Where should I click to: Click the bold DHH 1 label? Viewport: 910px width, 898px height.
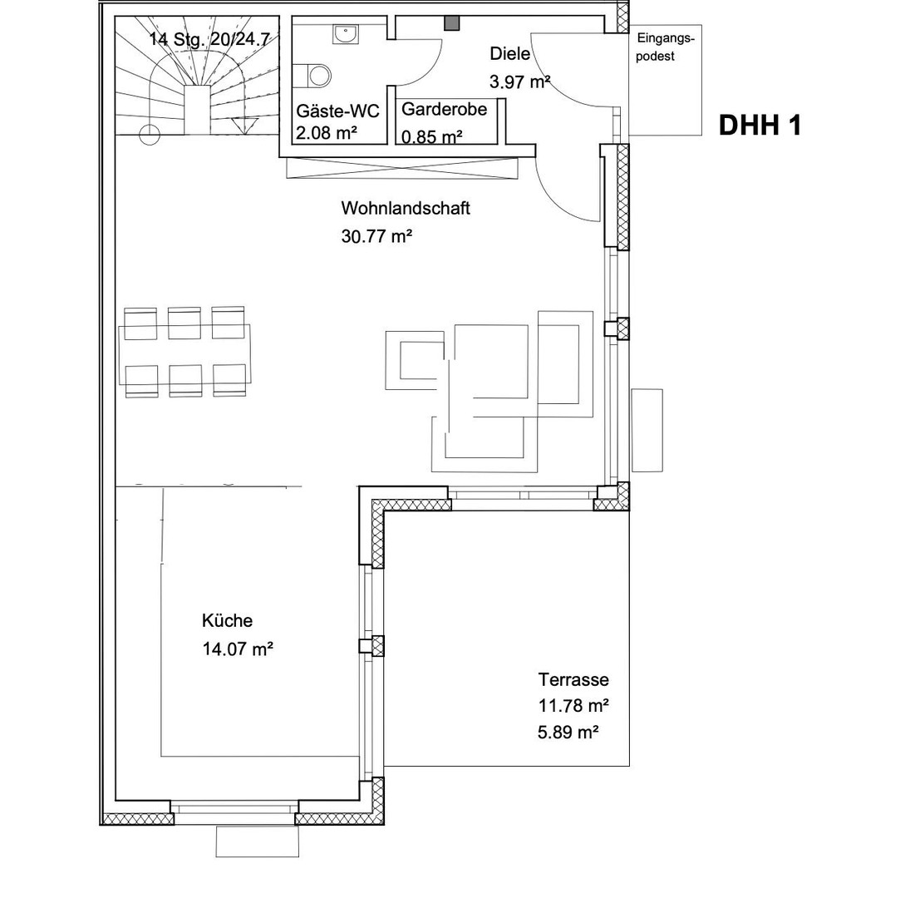click(x=760, y=126)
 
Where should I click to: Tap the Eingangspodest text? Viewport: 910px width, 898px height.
click(x=665, y=47)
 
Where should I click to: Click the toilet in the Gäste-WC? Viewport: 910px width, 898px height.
click(x=317, y=75)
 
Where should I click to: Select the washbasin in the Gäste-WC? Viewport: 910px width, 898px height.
click(x=343, y=34)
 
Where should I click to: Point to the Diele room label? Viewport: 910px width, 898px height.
click(x=510, y=54)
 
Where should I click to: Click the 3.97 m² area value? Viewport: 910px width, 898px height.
click(x=521, y=81)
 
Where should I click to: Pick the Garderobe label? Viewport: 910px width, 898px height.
click(x=444, y=110)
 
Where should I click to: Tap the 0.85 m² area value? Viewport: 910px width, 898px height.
click(x=431, y=136)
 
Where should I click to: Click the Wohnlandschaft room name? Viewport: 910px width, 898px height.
click(x=405, y=208)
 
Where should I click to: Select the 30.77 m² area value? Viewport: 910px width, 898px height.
click(x=376, y=236)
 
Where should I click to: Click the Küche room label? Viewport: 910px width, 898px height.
click(x=227, y=620)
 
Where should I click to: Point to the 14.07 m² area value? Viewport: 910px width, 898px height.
click(x=238, y=649)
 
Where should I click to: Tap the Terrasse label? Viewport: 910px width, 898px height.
click(x=573, y=679)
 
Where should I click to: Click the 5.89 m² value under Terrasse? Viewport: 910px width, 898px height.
click(x=568, y=733)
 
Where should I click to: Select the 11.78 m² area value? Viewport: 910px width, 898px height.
click(x=573, y=706)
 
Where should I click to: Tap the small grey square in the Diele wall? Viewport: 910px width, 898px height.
click(x=451, y=23)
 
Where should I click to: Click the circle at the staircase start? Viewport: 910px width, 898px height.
click(x=150, y=134)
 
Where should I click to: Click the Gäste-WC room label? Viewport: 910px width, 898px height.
click(x=338, y=111)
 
